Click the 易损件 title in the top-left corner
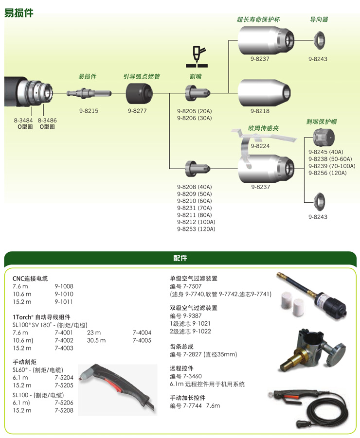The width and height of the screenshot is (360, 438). (x=19, y=13)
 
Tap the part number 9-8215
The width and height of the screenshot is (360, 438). (x=89, y=111)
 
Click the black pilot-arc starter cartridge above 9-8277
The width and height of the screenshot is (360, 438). (x=139, y=93)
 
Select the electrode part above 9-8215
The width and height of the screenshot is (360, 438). (x=89, y=93)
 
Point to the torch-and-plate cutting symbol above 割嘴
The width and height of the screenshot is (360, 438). (x=197, y=57)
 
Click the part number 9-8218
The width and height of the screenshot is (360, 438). (x=260, y=111)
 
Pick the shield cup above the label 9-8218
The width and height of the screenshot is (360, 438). (x=264, y=93)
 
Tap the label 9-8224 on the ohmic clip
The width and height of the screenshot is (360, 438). (x=260, y=146)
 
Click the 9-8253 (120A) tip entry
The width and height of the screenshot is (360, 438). (x=196, y=229)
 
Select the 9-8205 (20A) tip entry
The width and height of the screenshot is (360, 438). (x=194, y=111)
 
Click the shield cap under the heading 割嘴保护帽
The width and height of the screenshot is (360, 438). (x=324, y=137)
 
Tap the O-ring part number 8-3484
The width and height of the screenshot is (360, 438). (x=23, y=120)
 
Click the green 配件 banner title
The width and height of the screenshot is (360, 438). (x=180, y=258)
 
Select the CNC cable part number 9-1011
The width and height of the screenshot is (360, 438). (x=64, y=302)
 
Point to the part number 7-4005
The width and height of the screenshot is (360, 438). (x=142, y=340)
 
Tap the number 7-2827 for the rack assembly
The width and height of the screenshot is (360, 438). (x=192, y=354)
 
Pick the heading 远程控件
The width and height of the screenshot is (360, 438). (x=181, y=368)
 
